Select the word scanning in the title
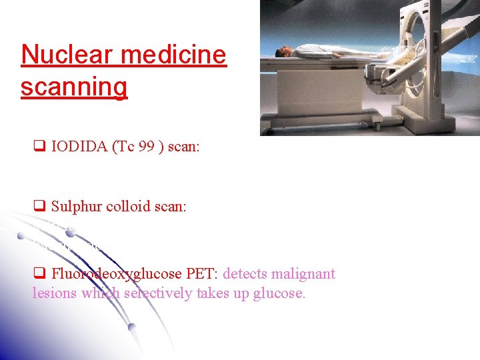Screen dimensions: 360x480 coord(73,87)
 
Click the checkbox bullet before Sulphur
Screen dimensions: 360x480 coord(39,207)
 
